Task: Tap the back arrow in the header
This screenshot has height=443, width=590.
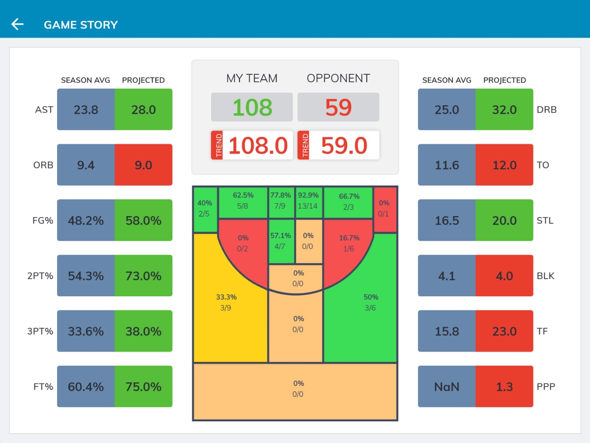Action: (x=18, y=24)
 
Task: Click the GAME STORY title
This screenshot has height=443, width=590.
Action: (x=81, y=25)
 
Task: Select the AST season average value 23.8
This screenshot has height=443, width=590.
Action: (x=86, y=109)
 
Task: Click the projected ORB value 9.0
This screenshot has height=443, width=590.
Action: (x=144, y=165)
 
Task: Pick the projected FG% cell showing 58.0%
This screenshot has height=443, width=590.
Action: (x=144, y=221)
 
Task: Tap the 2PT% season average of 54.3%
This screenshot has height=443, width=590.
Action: (x=86, y=276)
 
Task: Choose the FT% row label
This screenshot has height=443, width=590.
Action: (x=43, y=387)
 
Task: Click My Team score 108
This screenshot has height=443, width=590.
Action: (x=252, y=107)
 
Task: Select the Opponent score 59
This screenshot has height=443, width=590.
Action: (x=338, y=107)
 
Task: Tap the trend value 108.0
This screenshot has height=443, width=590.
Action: (x=258, y=146)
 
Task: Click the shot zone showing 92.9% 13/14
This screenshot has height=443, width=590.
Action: (x=308, y=201)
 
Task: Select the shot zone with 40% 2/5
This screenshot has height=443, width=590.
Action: (x=205, y=208)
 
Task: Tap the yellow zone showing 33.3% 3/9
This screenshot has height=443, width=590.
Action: (x=226, y=302)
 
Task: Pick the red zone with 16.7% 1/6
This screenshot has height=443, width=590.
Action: (x=349, y=243)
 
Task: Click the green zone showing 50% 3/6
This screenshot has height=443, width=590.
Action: (x=370, y=302)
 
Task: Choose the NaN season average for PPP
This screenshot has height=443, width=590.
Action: (x=447, y=387)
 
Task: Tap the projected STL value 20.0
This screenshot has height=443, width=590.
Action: (x=504, y=221)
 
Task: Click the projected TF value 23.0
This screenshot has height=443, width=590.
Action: (x=504, y=331)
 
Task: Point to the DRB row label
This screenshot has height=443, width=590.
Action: (x=547, y=110)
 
